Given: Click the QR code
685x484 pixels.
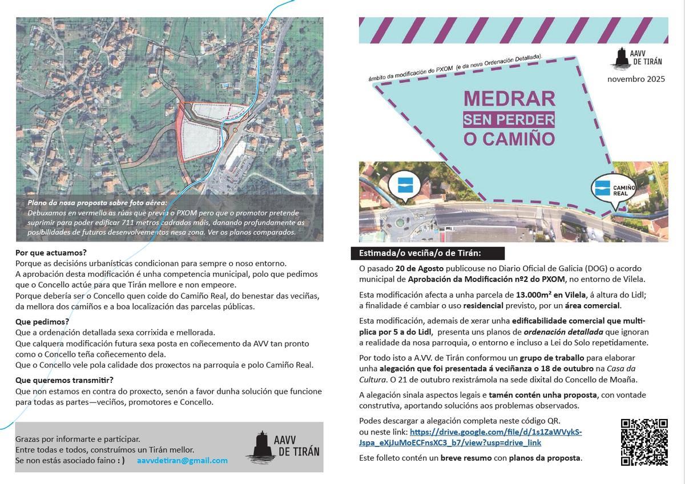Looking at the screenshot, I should tap(644, 442).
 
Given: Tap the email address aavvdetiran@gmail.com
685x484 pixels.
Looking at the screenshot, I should tap(182, 460).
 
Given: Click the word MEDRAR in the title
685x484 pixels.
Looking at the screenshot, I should tap(509, 98).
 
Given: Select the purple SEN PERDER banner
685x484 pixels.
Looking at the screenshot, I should tap(509, 119).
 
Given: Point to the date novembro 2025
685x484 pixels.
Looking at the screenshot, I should tap(636, 79).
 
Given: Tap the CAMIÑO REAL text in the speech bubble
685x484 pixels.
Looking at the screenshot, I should tap(624, 190).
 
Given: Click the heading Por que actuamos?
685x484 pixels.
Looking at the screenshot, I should tap(51, 252).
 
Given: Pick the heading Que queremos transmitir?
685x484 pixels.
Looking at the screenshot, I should tap(65, 380).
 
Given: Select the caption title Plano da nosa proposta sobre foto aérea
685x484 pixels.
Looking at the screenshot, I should tap(98, 203).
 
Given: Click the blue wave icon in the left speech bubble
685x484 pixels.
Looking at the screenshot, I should tap(404, 185).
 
